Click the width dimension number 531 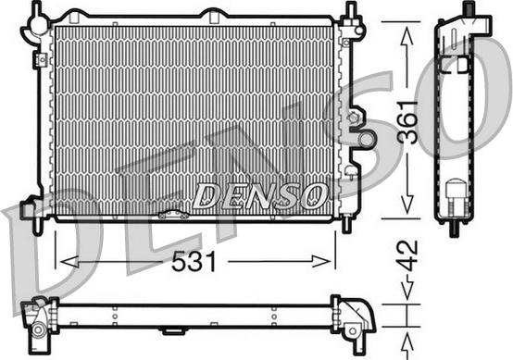click(194, 262)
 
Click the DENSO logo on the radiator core click(258, 194)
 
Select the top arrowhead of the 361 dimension click(407, 31)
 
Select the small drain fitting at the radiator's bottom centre click(172, 215)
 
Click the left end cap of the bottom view click(40, 317)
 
